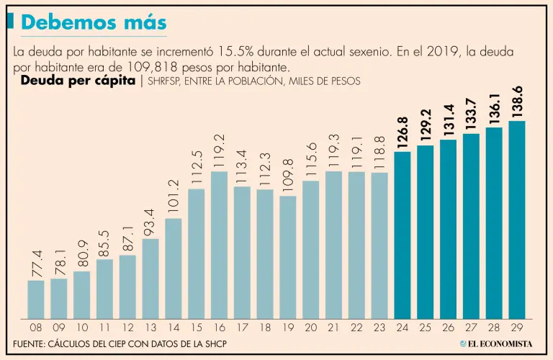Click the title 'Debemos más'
point(94,23)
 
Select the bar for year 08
point(36,300)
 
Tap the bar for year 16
point(220,245)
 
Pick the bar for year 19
point(288,257)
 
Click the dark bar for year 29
point(517,220)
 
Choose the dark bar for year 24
point(403,235)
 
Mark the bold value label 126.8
point(403,132)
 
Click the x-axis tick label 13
point(150,327)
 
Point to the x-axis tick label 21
point(333,327)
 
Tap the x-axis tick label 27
point(471,327)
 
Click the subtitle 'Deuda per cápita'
point(78,81)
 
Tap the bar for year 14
point(174,269)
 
